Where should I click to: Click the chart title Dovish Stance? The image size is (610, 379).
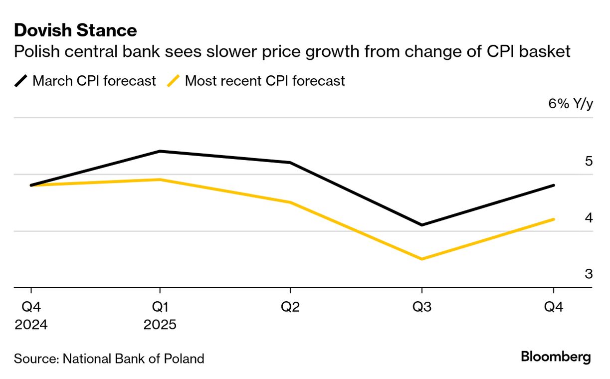(x=75, y=30)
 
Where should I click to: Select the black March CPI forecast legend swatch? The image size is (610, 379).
(x=21, y=81)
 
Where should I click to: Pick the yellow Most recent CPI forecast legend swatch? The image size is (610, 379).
(x=174, y=81)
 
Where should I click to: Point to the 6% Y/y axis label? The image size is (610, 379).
(x=571, y=104)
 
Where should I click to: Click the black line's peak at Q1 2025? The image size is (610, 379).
(x=160, y=151)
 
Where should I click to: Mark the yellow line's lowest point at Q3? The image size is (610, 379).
(x=422, y=259)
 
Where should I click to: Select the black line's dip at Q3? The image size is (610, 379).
(x=422, y=225)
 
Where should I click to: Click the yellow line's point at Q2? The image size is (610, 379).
(x=290, y=202)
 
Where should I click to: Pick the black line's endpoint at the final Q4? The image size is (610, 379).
(x=554, y=185)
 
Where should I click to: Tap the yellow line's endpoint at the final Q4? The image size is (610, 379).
(x=554, y=219)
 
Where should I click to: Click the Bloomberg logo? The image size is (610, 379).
(x=556, y=358)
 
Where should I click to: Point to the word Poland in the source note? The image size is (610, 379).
(x=185, y=359)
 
